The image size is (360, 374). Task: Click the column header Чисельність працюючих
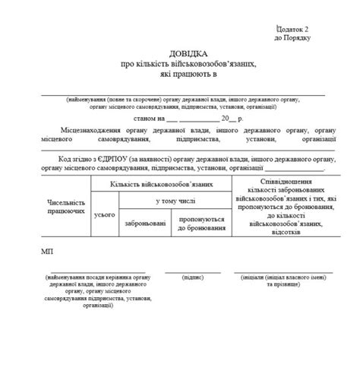pos(65,207)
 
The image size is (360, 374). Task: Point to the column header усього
pos(103,216)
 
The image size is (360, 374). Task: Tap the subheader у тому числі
pos(175,201)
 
